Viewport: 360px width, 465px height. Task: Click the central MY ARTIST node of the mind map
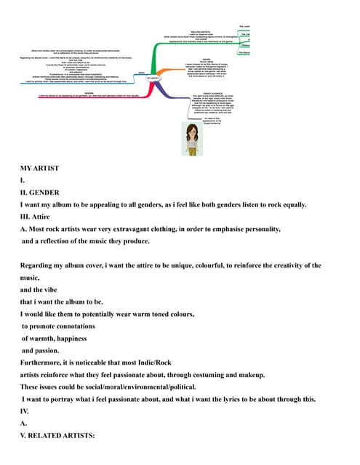coord(153,77)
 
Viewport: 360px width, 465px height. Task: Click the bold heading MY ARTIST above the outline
coord(39,169)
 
